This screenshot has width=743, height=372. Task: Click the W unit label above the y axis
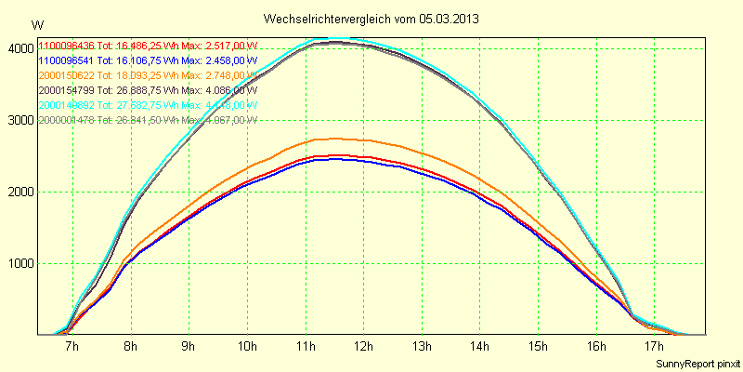tap(35, 25)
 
